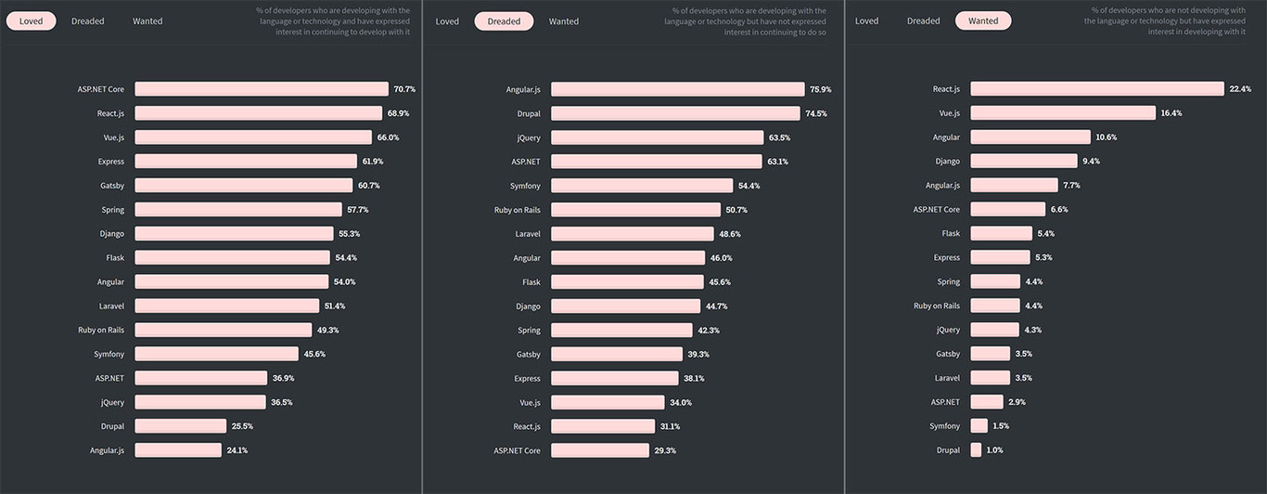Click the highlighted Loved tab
[31, 21]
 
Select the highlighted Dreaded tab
[504, 21]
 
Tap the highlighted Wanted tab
[983, 21]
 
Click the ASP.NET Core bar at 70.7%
[262, 89]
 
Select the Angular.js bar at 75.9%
[677, 89]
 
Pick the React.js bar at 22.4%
[1096, 89]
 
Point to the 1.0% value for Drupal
[994, 450]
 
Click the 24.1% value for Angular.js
[237, 450]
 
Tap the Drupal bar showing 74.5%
[675, 113]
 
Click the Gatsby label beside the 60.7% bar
[112, 186]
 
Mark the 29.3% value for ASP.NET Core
[665, 450]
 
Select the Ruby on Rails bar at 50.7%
[635, 210]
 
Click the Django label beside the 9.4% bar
[947, 162]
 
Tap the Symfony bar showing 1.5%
[979, 426]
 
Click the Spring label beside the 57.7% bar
[113, 210]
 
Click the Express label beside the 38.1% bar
[527, 378]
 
